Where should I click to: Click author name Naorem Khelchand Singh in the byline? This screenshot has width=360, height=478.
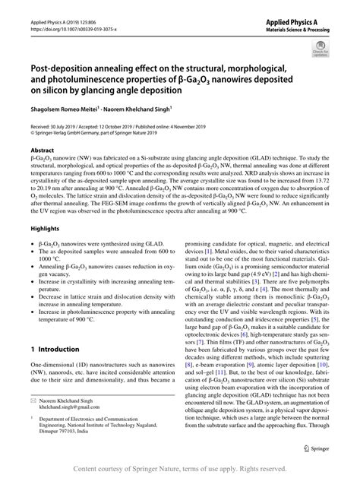click(x=144, y=109)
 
